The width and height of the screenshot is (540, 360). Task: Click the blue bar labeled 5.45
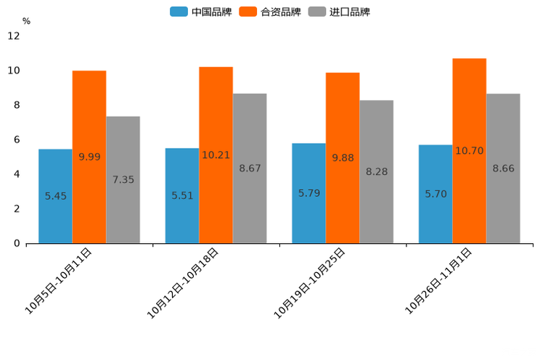tap(55, 196)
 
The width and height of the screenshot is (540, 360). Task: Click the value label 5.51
tap(182, 196)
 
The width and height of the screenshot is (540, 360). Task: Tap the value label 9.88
tap(343, 157)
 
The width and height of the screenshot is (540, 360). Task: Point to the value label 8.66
tap(503, 168)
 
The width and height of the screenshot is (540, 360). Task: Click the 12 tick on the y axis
tap(14, 36)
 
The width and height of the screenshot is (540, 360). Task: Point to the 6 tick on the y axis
tap(17, 139)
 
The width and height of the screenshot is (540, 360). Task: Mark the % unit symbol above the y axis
tap(26, 21)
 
